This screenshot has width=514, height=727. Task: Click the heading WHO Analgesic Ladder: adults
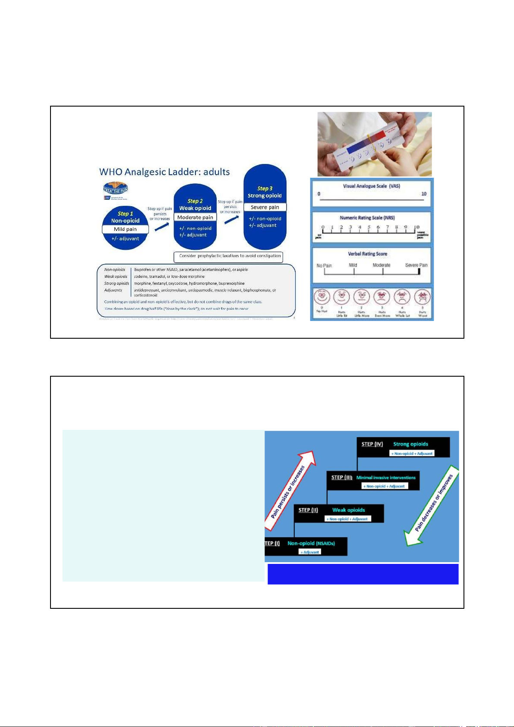pos(164,172)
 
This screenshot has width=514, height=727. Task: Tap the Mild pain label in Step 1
pos(125,229)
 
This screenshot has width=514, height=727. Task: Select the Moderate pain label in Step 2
pos(195,217)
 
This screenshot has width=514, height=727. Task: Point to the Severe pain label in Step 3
pos(265,207)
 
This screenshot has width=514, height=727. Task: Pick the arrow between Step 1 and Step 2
pos(162,226)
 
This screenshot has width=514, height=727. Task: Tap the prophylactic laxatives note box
pos(228,256)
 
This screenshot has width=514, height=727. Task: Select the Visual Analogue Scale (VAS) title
pos(371,186)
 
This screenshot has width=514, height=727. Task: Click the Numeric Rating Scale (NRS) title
pos(367,218)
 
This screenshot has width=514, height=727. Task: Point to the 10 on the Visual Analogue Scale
pos(423,194)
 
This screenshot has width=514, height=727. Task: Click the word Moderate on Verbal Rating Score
pos(382,265)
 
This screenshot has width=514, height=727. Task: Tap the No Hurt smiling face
pos(322,297)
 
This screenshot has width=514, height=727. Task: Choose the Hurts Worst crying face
pos(423,297)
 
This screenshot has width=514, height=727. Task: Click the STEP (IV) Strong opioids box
pos(403,447)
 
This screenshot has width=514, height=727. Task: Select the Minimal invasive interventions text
pos(386,478)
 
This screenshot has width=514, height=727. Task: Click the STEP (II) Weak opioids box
pos(339,513)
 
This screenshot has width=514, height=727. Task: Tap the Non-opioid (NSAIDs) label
pos(311,543)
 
